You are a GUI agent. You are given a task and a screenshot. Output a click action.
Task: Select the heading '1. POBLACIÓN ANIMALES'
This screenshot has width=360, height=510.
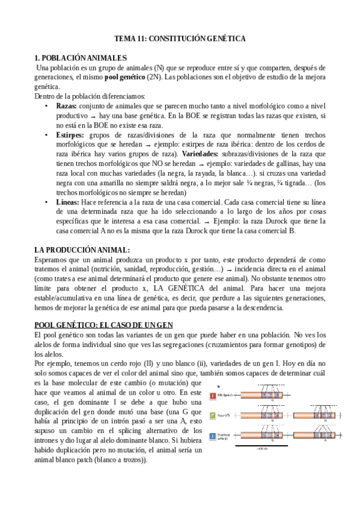[x=81, y=58]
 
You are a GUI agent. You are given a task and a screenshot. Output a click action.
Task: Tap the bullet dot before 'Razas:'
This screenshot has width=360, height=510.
[x=46, y=106]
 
